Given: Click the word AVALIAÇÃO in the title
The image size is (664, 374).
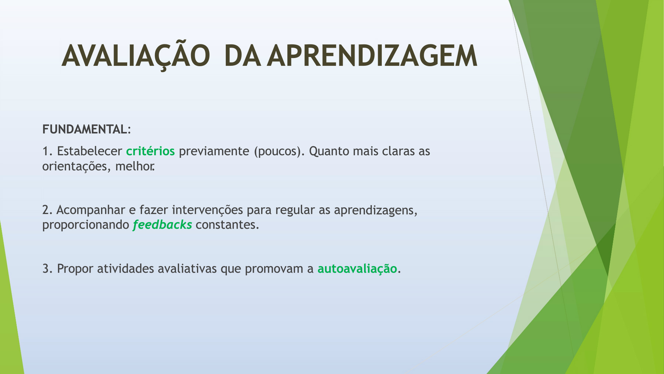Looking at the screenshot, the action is (x=136, y=55).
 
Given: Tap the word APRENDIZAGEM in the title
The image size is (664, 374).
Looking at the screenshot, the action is (x=372, y=56).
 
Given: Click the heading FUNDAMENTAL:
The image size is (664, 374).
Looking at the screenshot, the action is (x=87, y=129).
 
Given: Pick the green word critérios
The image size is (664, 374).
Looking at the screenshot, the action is (x=151, y=151).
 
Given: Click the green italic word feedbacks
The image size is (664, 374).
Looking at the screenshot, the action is (x=162, y=224).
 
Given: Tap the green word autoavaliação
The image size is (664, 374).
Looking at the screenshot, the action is (x=357, y=269).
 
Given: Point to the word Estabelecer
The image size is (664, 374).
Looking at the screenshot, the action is (x=89, y=151).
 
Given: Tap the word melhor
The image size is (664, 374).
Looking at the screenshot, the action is (x=135, y=166).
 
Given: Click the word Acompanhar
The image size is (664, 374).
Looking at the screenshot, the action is (x=91, y=210).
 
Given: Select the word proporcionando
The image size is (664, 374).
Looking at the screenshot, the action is (x=86, y=225).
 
